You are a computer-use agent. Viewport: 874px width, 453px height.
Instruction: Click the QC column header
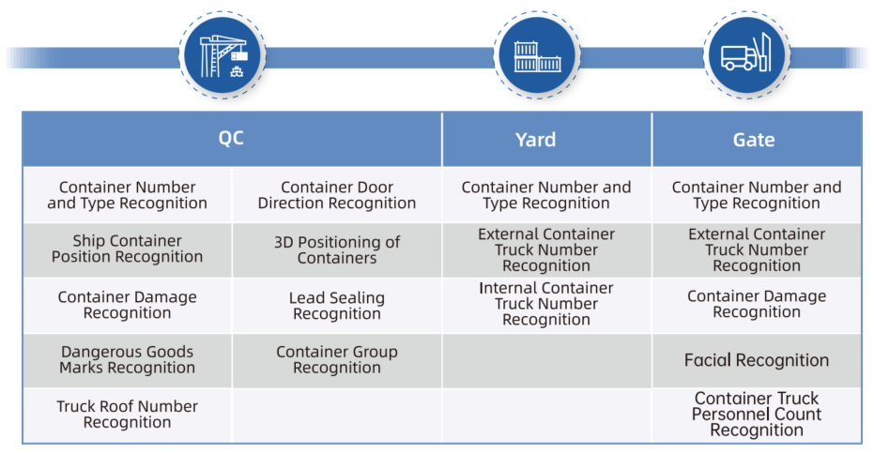231,139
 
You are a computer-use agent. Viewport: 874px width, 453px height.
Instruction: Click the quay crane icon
223,55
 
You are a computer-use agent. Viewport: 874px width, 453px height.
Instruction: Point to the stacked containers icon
537,56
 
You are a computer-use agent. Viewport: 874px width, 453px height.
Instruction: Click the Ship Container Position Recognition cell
127,249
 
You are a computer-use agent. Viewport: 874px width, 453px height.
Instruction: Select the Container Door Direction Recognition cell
337,195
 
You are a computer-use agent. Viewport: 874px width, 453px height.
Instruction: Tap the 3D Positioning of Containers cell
337,250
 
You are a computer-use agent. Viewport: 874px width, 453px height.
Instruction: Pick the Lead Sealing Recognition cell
337,306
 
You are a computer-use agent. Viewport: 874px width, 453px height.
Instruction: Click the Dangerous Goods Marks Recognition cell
127,360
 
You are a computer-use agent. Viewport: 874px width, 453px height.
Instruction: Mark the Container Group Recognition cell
337,360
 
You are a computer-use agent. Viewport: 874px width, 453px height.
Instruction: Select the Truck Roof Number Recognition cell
127,415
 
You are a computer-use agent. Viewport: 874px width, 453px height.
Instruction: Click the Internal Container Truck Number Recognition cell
546,304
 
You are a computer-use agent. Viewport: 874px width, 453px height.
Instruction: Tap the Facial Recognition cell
757,360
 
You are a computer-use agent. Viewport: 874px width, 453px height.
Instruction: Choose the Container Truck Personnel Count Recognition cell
757,415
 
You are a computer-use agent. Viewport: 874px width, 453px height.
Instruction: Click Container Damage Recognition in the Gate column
757,304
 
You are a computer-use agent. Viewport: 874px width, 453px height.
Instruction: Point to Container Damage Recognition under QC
127,306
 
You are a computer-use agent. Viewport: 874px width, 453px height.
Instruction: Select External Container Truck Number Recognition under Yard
546,250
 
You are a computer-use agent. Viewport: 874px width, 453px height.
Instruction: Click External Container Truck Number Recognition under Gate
757,250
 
